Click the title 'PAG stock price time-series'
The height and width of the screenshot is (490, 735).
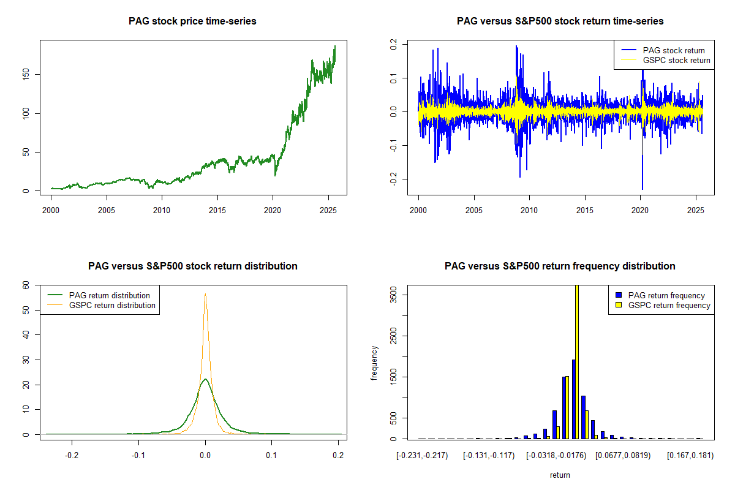coord(192,21)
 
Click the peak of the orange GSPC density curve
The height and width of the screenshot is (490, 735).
coord(205,294)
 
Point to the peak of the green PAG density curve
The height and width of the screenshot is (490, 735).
coord(205,379)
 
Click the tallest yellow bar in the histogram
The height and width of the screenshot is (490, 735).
coord(576,361)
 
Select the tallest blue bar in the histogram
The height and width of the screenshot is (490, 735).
coord(573,398)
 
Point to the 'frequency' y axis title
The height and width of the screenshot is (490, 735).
coord(375,363)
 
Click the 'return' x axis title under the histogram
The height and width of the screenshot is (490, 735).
coord(560,475)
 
